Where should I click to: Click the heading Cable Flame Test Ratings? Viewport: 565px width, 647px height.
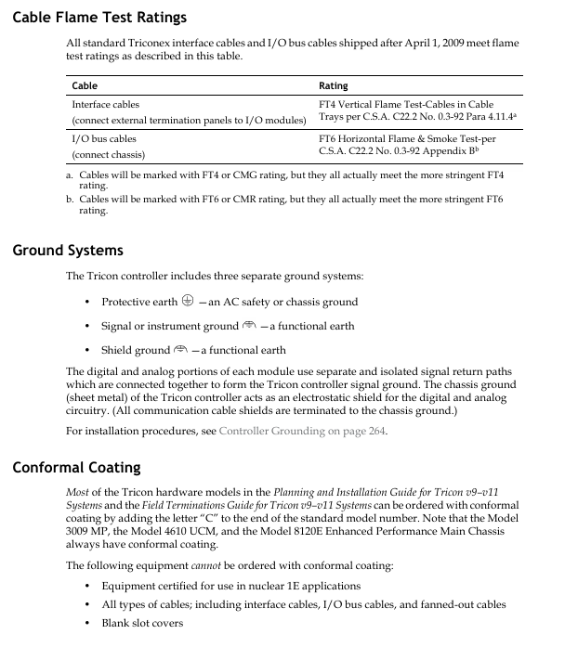(99, 17)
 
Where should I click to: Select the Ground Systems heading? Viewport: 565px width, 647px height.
(68, 250)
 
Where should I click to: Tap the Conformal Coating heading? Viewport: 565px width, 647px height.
(76, 467)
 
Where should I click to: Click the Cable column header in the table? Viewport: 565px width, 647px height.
(85, 86)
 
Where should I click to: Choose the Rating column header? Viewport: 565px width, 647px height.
(333, 86)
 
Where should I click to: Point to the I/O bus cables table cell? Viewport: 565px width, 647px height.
(103, 137)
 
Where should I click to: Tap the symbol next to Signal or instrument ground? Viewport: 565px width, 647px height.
(248, 326)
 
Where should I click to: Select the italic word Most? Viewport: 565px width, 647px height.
(78, 491)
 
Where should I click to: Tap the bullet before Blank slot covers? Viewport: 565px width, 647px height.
(86, 622)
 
